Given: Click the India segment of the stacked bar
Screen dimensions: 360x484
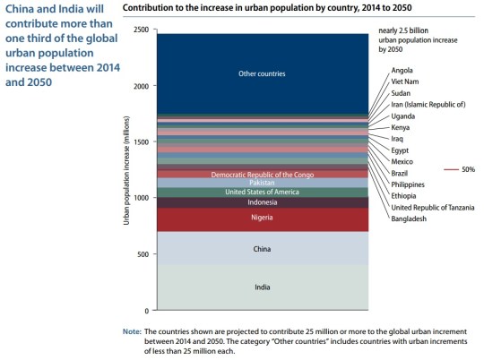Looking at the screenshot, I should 262,287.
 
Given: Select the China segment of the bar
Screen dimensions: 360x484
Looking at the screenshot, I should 262,249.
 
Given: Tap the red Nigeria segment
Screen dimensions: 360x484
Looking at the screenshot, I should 262,218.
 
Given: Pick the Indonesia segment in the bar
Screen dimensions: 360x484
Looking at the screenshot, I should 262,202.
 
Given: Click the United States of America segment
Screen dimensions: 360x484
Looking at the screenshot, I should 262,192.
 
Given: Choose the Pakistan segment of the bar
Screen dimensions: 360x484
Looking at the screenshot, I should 262,182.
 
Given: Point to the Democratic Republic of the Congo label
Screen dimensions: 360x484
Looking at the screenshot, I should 262,174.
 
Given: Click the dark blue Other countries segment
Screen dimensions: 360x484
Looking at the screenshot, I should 262,73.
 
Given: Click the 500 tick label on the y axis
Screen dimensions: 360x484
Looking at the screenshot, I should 142,254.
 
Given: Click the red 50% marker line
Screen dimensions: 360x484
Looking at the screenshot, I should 450,168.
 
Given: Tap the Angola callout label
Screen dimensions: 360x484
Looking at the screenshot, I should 402,70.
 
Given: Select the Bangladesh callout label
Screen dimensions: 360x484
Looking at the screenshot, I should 410,219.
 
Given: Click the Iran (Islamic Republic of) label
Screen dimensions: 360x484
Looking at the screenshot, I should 428,105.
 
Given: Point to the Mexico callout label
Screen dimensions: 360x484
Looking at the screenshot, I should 402,161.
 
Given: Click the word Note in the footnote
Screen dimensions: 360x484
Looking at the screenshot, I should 131,331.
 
